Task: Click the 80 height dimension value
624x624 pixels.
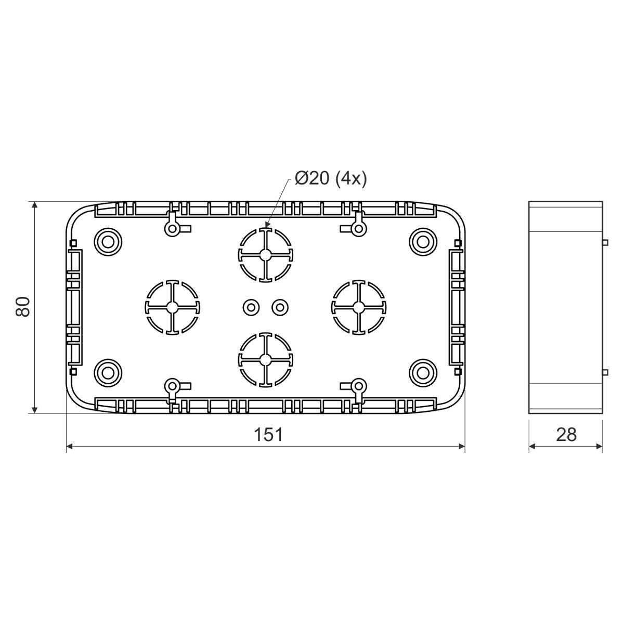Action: pos(23,307)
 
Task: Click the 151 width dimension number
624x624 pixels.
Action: pos(268,435)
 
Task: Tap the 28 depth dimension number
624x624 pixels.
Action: pos(566,435)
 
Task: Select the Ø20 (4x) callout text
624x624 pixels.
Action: pos(331,178)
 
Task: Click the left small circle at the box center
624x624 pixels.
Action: pos(251,307)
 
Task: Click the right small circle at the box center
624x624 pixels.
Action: pos(280,307)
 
